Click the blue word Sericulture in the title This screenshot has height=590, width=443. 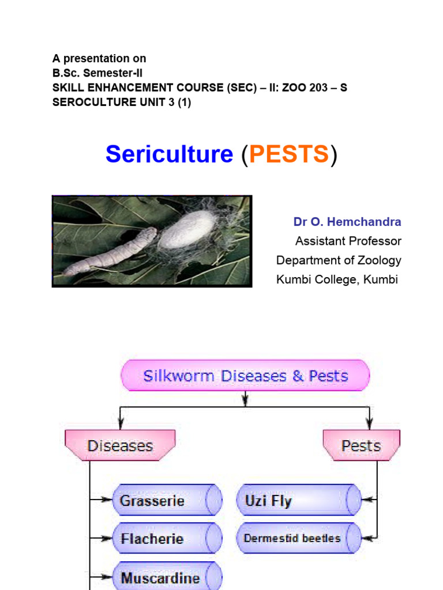tap(169, 154)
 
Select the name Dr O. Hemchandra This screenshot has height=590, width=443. tap(347, 222)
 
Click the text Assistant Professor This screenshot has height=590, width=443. tap(348, 241)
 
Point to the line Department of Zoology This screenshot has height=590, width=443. tap(339, 260)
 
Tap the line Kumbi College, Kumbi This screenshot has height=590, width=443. tap(337, 280)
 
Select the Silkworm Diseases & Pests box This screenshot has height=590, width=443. tap(245, 376)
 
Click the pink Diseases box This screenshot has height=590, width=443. tap(120, 446)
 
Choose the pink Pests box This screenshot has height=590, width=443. tap(361, 446)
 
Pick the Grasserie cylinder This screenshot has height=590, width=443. tap(166, 500)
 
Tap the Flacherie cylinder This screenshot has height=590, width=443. tap(166, 539)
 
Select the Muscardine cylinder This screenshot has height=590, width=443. tap(166, 577)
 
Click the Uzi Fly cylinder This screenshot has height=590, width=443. tap(298, 500)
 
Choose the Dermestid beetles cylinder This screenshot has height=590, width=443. tap(298, 539)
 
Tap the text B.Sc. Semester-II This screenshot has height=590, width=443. tap(97, 73)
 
